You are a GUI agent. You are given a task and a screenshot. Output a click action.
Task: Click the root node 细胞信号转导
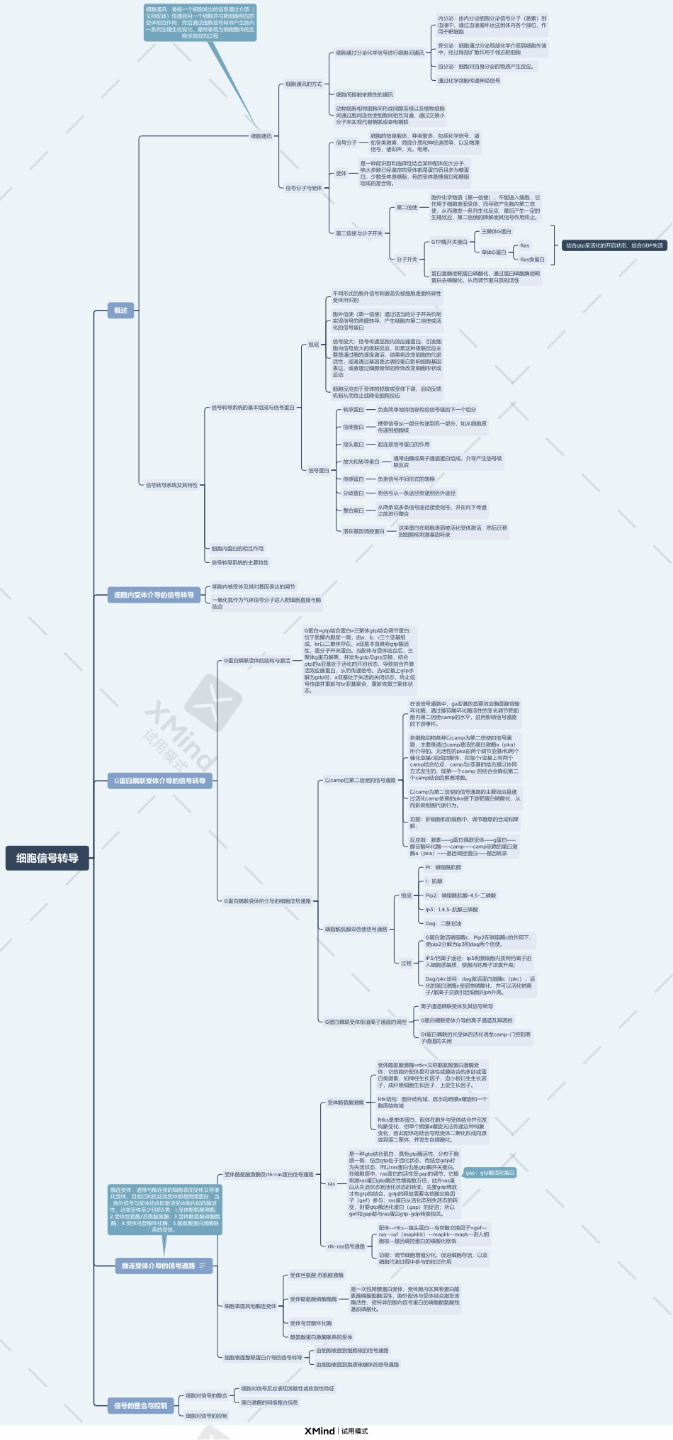pos(47,858)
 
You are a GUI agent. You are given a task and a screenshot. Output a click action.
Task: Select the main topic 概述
pos(121,310)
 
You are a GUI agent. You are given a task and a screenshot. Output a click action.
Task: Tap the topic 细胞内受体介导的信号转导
pos(154,595)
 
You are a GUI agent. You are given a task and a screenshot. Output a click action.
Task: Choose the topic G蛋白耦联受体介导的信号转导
pos(159,781)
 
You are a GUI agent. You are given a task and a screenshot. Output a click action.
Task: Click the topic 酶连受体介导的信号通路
pos(158,1266)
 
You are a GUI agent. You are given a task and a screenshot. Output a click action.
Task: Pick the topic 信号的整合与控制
pos(141,1405)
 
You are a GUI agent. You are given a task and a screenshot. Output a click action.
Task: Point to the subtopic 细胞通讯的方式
pos(303,84)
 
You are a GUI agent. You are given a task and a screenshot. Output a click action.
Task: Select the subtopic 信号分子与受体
pos(303,188)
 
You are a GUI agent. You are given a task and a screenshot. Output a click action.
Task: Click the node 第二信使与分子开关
pos(358,233)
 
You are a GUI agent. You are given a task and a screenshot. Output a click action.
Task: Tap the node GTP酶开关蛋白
pos(449,242)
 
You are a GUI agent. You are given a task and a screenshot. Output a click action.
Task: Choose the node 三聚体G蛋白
pos(496,232)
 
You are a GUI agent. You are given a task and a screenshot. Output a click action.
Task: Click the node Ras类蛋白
pos(532,259)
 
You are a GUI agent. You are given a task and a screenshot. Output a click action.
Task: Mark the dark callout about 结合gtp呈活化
pos(614,245)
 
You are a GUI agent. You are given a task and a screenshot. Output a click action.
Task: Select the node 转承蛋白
pos(353,410)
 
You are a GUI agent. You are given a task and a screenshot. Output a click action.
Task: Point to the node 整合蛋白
pos(353,510)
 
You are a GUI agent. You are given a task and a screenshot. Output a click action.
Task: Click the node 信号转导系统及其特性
pos(171,485)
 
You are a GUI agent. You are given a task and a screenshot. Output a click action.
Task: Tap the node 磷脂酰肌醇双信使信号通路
pos(356,929)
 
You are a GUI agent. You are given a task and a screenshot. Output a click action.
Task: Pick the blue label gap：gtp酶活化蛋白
pos(490,1172)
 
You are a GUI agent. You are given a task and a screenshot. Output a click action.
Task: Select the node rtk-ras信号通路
pos(346,1246)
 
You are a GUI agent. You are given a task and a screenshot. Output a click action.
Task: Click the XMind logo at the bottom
pos(319,1431)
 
